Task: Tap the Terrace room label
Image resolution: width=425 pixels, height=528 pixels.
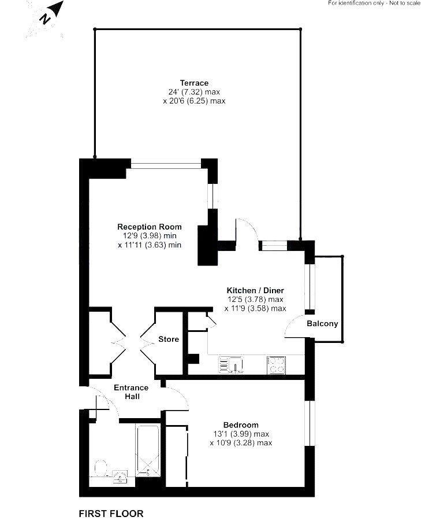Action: [194, 83]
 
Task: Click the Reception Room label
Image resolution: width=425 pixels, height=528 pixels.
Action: [150, 227]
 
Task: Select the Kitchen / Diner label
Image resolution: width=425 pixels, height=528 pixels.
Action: [255, 290]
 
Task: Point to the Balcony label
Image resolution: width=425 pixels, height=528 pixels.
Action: [322, 324]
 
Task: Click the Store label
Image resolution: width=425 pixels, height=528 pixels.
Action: [169, 339]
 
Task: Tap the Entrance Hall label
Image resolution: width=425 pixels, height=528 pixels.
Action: [131, 392]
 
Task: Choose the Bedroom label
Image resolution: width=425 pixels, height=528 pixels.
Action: [241, 425]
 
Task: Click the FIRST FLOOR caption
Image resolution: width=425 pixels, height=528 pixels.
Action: [111, 514]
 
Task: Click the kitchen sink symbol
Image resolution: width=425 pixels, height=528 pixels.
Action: [231, 365]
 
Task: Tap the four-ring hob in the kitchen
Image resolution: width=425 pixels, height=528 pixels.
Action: [277, 365]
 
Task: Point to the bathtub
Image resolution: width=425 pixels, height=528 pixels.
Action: [148, 451]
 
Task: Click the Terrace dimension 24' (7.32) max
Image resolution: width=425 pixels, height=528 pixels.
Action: [194, 92]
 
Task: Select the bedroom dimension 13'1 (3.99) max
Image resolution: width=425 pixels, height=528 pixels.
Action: [241, 434]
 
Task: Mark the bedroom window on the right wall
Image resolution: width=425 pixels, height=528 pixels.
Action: [310, 423]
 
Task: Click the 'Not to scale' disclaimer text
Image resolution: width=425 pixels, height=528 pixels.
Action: [405, 3]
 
